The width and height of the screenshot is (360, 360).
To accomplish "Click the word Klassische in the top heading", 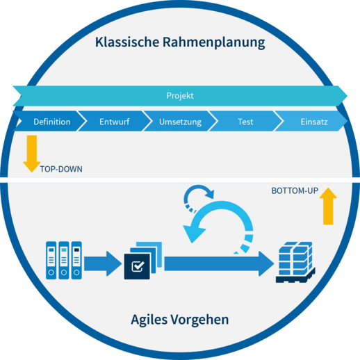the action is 127,42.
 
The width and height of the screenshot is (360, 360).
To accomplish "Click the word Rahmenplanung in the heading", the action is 214,43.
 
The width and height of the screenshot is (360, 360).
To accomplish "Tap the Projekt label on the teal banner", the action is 180,95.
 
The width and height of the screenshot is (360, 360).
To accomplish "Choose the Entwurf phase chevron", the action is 115,121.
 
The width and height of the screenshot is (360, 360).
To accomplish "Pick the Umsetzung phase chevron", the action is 180,121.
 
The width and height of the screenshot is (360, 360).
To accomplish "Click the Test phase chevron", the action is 245,121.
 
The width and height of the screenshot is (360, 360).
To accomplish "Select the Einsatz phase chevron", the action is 311,121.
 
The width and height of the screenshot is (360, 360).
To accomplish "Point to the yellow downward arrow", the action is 32,154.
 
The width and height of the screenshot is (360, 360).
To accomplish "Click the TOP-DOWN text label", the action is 61,169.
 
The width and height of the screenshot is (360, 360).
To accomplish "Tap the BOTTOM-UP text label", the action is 295,190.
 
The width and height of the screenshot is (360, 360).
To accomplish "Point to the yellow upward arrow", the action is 328,206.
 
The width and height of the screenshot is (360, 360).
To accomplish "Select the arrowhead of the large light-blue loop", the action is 194,234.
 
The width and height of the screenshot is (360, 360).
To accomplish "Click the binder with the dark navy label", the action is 76,260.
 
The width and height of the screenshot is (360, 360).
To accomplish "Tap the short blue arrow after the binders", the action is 103,263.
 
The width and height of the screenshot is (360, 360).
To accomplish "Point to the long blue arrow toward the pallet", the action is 219,263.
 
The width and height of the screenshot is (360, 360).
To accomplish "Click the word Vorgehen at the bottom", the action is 199,320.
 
